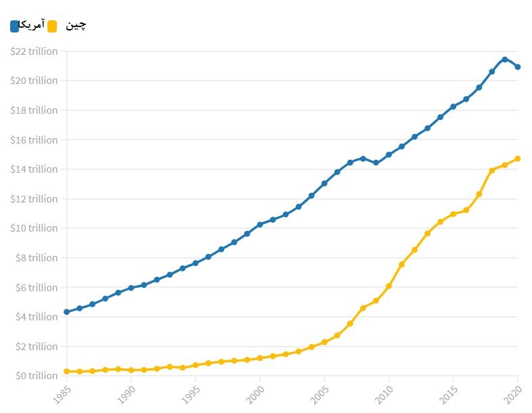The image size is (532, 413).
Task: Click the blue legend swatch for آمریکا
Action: point(15,26)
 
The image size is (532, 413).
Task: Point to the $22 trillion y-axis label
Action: point(35,51)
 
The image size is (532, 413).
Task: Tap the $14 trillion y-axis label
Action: point(35,169)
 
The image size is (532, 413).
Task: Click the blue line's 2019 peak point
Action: point(505,60)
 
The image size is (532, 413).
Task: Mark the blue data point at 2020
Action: point(518,67)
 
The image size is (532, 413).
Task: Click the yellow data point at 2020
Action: point(518,158)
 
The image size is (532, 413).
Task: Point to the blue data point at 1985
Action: point(66,312)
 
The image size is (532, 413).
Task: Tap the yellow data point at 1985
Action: point(66,371)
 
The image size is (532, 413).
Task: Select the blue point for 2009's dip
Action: point(376,163)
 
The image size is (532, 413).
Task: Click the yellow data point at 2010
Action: point(389,286)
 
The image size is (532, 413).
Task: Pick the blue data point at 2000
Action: point(260,225)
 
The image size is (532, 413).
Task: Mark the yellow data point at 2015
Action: point(453,214)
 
